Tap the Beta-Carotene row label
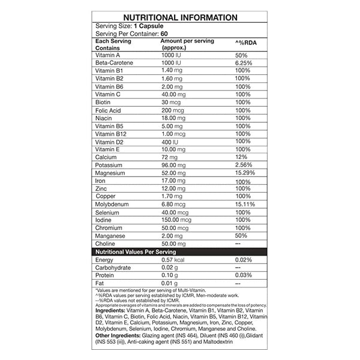coord(112,62)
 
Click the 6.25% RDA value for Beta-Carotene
coord(244,62)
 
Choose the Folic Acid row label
coord(107,110)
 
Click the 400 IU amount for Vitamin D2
coord(170,142)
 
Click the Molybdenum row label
coord(113,205)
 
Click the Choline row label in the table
coord(106,244)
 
